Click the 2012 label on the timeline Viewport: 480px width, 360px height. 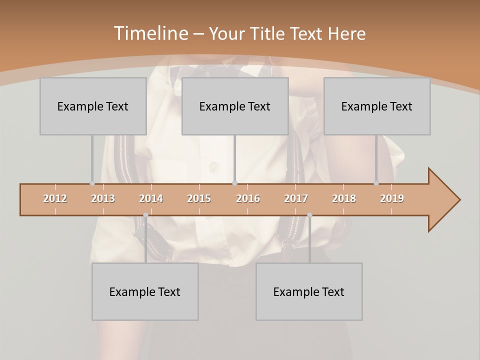[55, 198]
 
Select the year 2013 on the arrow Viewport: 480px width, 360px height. [103, 198]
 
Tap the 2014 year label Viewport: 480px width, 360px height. [151, 198]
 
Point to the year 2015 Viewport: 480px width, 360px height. [199, 198]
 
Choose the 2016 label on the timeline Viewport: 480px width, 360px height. [248, 198]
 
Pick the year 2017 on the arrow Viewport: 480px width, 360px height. [296, 198]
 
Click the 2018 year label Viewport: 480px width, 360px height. [344, 198]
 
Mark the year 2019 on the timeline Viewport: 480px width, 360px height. [392, 198]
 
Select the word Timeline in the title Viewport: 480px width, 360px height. [150, 33]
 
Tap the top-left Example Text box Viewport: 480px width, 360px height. [93, 106]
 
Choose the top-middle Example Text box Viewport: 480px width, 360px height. [235, 106]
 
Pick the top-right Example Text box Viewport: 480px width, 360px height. [377, 106]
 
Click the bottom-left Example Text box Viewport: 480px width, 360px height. [145, 291]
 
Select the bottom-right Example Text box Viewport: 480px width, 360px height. [309, 291]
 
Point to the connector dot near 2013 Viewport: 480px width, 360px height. [92, 183]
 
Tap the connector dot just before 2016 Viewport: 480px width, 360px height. [235, 183]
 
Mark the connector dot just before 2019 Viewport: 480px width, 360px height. [376, 183]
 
